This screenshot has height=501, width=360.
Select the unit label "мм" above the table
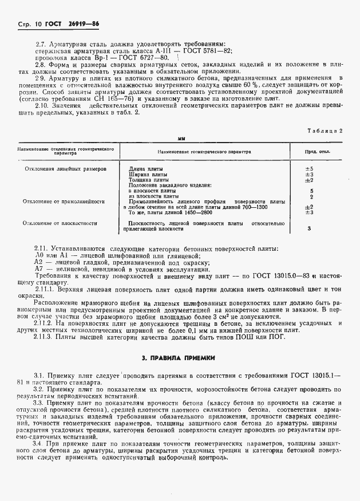[181, 140]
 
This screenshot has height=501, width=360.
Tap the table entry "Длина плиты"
[146, 169]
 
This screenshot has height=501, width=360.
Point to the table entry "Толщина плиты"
[149, 180]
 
